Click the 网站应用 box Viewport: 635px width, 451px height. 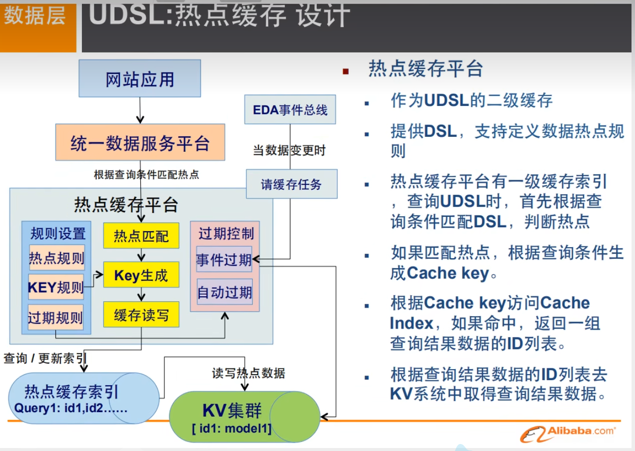pos(140,78)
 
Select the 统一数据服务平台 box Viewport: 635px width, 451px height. pos(140,142)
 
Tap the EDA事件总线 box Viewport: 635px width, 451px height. pos(290,109)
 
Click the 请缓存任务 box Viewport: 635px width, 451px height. pos(291,184)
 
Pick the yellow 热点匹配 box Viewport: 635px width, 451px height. pos(141,235)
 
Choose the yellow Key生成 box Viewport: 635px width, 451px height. pos(141,275)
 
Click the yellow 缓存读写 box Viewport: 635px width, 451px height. pos(141,315)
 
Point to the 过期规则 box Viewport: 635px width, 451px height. pos(55,317)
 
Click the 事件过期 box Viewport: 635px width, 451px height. pos(224,259)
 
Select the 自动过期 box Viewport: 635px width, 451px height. pos(224,292)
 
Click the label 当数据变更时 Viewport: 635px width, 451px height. pos(290,150)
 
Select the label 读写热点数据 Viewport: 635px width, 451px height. pos(248,373)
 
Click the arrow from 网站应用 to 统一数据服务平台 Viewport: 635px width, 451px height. pos(140,110)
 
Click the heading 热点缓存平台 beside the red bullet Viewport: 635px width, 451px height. pos(425,69)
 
